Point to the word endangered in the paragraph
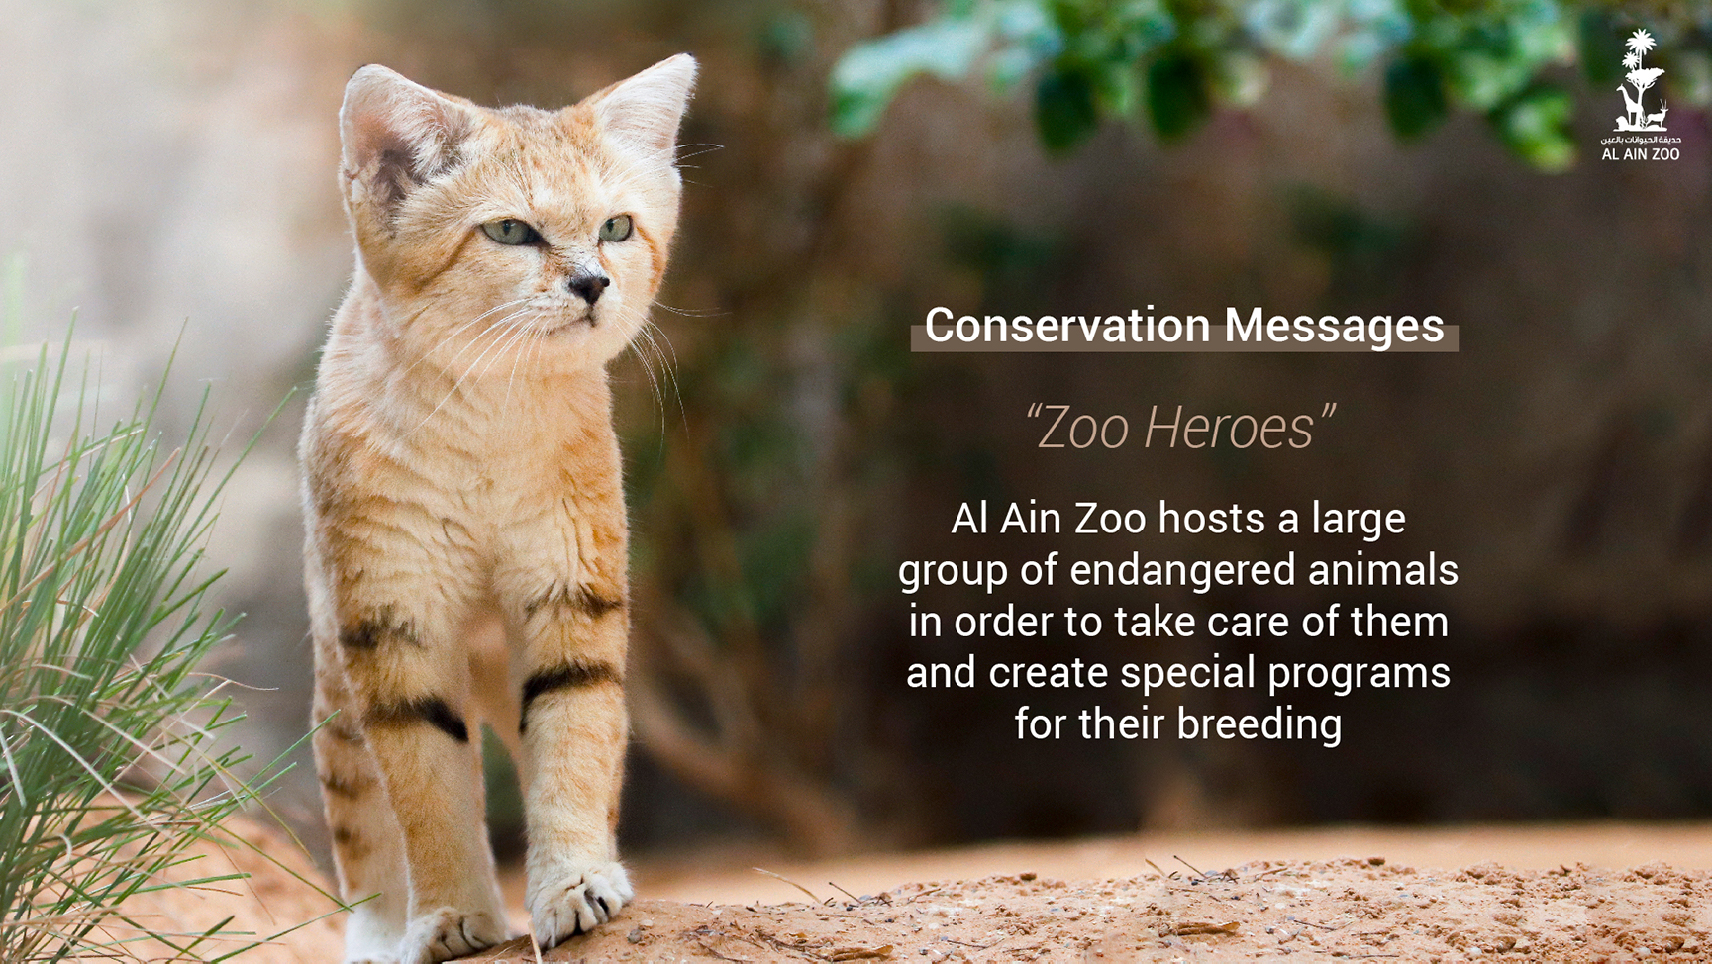click(1182, 570)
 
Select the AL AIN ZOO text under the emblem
click(1641, 154)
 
